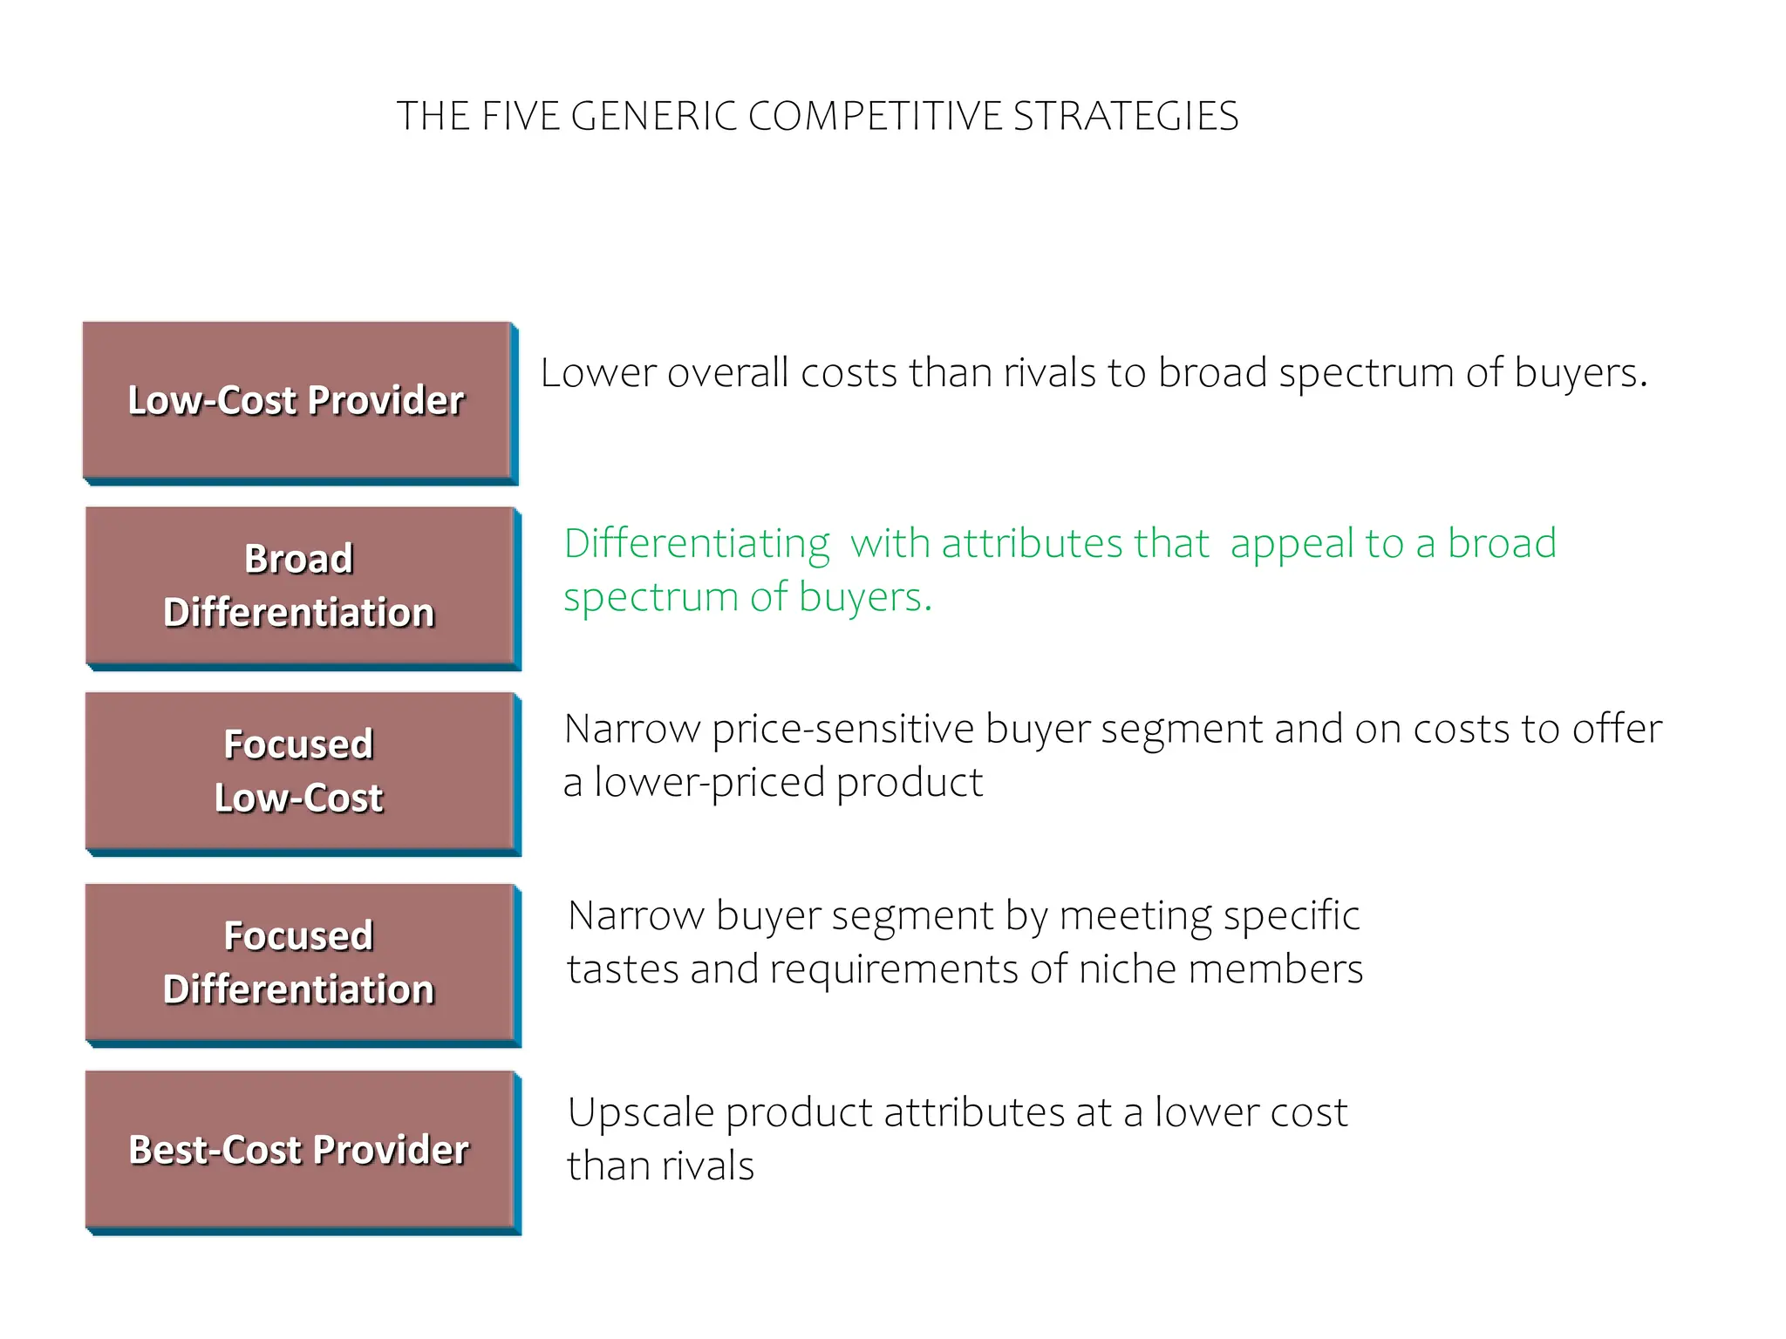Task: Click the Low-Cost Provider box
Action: point(297,400)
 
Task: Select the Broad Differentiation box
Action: point(299,586)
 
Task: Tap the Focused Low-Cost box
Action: point(299,771)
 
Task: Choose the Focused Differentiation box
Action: point(299,962)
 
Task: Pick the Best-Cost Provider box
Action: point(299,1150)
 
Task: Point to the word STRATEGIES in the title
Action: point(1126,117)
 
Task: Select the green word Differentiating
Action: point(697,544)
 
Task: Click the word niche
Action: point(1128,969)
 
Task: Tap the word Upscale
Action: point(641,1113)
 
